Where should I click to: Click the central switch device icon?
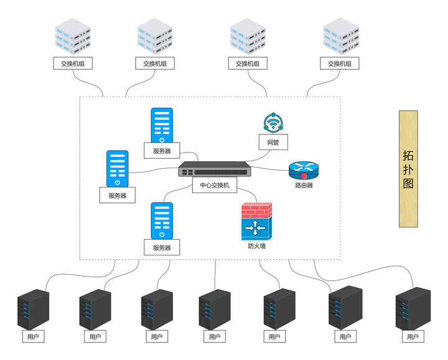215,170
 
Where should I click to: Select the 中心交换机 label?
215,186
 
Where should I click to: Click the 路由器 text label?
304,185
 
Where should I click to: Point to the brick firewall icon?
256,222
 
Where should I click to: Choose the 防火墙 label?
256,246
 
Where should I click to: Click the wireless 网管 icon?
273,123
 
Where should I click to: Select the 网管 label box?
273,143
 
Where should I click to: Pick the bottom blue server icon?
162,221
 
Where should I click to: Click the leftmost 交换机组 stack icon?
73,36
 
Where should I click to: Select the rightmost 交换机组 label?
340,64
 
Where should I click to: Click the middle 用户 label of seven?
215,337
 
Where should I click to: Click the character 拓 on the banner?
408,154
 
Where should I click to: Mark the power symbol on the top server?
162,140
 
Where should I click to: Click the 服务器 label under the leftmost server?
117,196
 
